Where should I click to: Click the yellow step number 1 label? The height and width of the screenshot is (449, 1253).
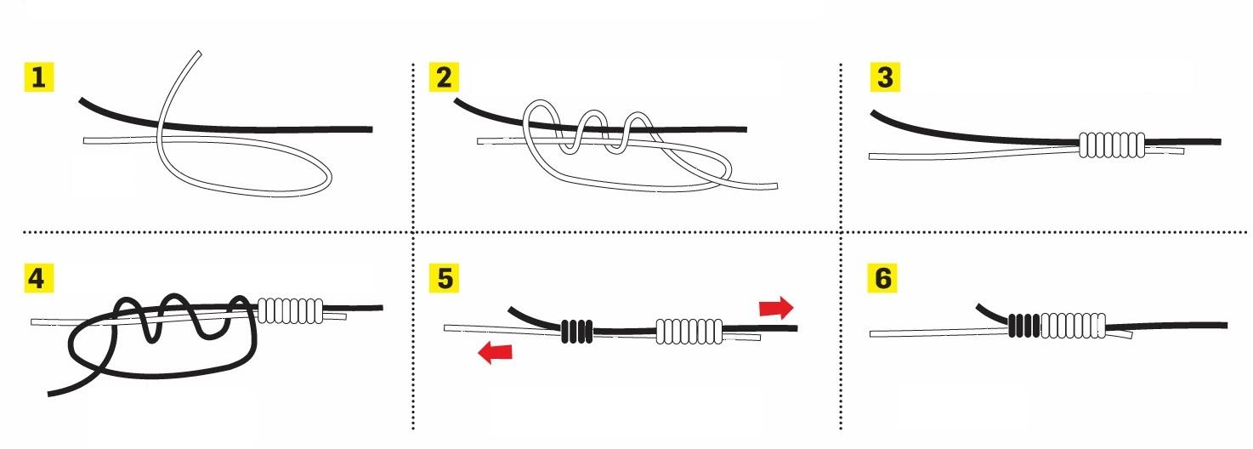click(38, 77)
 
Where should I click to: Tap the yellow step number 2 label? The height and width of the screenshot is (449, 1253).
click(444, 77)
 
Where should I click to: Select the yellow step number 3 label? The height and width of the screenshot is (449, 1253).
click(885, 77)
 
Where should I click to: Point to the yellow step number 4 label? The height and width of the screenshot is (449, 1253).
click(38, 278)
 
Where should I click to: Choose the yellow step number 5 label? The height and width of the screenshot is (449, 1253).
click(444, 278)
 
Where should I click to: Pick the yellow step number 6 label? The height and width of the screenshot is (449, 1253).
click(882, 278)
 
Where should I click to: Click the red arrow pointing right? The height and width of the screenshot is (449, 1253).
click(776, 308)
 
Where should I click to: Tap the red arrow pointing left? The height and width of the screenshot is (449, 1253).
click(495, 353)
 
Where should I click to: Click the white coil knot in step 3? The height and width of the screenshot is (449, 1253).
click(1112, 145)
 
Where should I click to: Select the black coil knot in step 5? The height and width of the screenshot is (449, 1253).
click(576, 331)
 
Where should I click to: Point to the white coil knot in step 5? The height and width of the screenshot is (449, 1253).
click(689, 331)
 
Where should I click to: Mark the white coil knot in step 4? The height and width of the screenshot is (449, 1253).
click(291, 310)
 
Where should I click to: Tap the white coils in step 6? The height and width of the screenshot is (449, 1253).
click(1073, 326)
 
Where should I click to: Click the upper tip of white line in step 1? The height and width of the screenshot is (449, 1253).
click(199, 54)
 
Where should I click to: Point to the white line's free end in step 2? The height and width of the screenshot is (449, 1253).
click(776, 185)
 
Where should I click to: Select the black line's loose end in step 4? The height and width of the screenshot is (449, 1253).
click(50, 393)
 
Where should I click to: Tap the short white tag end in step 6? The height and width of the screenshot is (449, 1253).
click(1120, 334)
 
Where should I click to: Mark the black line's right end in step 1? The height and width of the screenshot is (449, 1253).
click(371, 129)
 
